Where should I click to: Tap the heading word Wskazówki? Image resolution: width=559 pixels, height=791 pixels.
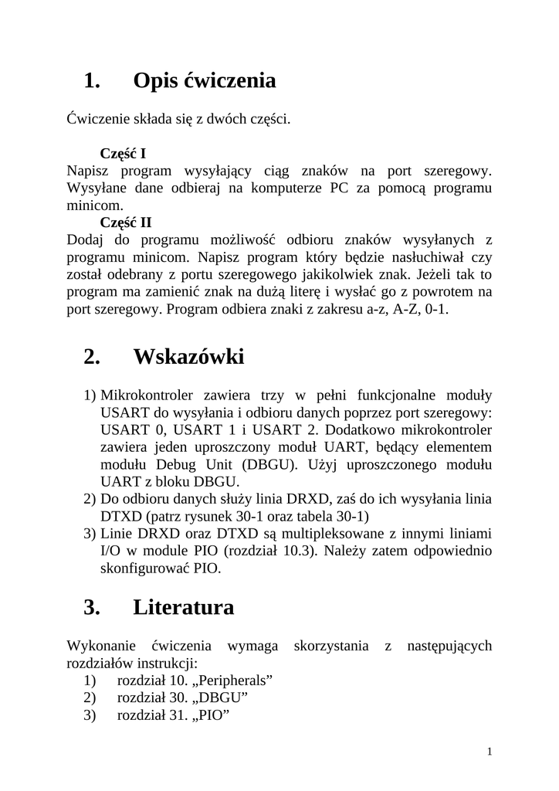click(188, 357)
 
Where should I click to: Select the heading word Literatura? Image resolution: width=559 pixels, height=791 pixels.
click(184, 608)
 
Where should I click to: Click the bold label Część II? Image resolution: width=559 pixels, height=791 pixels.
click(126, 222)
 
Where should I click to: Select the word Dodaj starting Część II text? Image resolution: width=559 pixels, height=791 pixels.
click(86, 240)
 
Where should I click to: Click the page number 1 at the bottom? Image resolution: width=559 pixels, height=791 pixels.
click(490, 752)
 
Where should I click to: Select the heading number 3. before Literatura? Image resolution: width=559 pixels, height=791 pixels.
click(92, 608)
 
